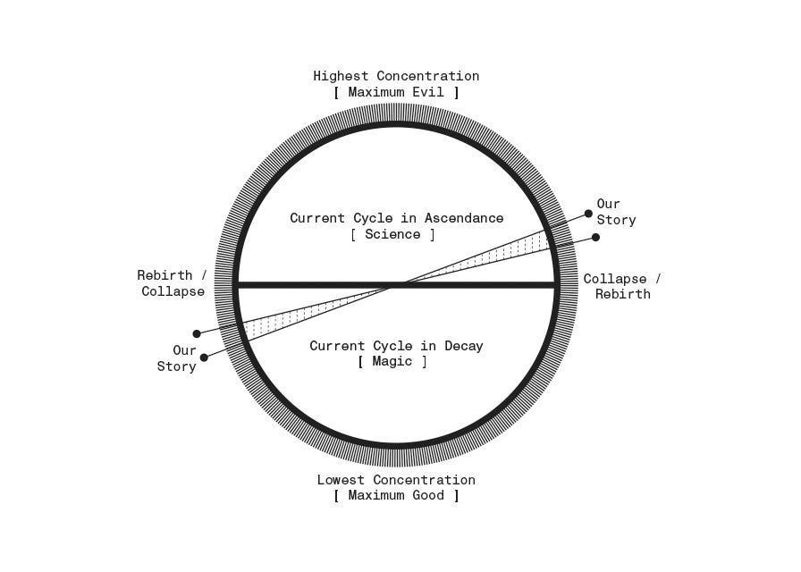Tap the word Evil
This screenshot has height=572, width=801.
pyautogui.click(x=433, y=93)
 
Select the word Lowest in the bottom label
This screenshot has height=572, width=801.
pyautogui.click(x=341, y=481)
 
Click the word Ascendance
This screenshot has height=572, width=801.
pyautogui.click(x=464, y=219)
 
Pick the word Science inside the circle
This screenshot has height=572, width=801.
pyautogui.click(x=392, y=235)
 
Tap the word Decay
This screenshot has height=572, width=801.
pyautogui.click(x=462, y=347)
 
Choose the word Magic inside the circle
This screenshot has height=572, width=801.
pyautogui.click(x=392, y=362)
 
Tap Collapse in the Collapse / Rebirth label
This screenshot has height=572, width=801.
pyautogui.click(x=615, y=280)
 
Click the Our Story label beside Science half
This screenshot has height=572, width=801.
pyautogui.click(x=616, y=213)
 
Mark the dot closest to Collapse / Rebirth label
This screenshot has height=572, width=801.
pyautogui.click(x=595, y=237)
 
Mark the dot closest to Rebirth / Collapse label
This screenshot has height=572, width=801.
pyautogui.click(x=197, y=333)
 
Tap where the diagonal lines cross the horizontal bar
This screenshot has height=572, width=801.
pyautogui.click(x=397, y=285)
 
